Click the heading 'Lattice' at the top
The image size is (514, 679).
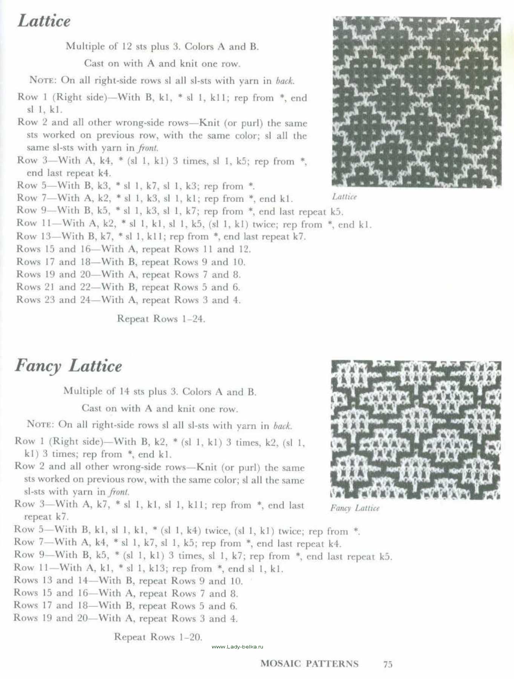pyautogui.click(x=44, y=21)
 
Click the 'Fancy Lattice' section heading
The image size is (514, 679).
pyautogui.click(x=68, y=366)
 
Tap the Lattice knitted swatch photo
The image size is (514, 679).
pyautogui.click(x=416, y=102)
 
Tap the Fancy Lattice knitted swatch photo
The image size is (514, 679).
pyautogui.click(x=416, y=430)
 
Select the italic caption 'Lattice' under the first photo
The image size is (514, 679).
pyautogui.click(x=344, y=197)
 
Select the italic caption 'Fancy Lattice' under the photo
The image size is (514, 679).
pyautogui.click(x=355, y=508)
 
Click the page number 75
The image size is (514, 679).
pyautogui.click(x=388, y=664)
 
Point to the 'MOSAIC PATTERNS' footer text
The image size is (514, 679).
pyautogui.click(x=309, y=664)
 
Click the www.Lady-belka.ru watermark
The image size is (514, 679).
pyautogui.click(x=238, y=647)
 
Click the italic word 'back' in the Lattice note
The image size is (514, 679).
pyautogui.click(x=284, y=81)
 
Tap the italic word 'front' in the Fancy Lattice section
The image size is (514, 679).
pyautogui.click(x=119, y=492)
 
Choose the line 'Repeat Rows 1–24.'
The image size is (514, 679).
pyautogui.click(x=161, y=319)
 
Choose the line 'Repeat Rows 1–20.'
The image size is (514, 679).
pyautogui.click(x=158, y=637)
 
